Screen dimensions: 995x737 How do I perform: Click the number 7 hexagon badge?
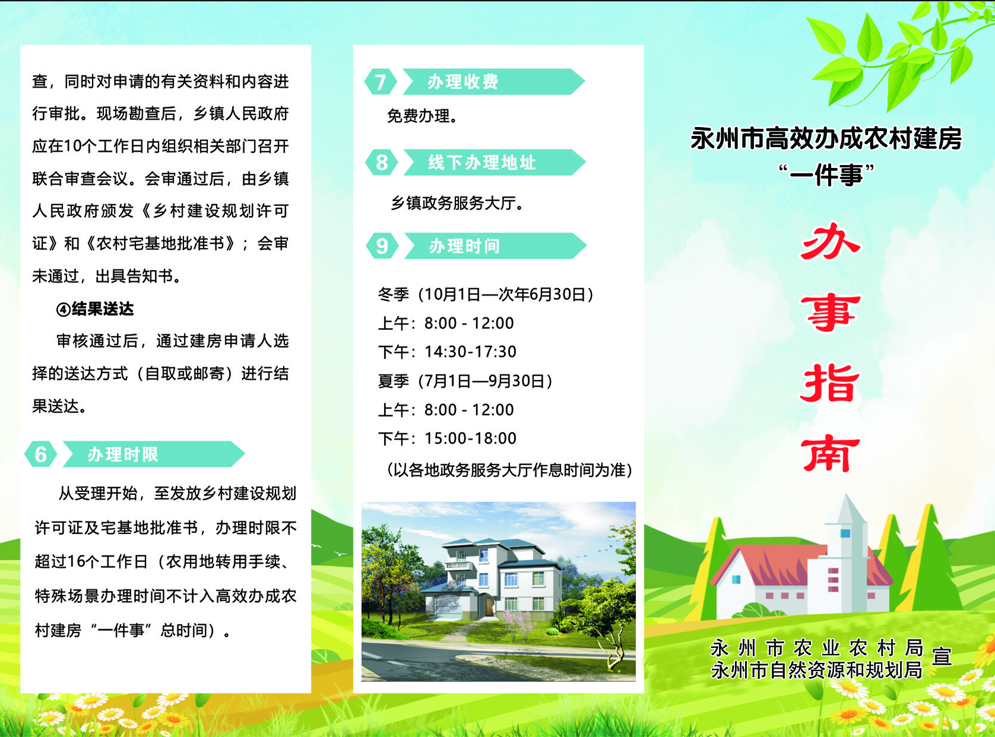pyautogui.click(x=381, y=82)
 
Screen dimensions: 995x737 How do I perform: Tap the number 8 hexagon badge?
pyautogui.click(x=382, y=163)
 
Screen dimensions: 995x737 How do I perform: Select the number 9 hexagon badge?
pyautogui.click(x=382, y=246)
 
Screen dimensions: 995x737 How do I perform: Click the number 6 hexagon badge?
pyautogui.click(x=41, y=454)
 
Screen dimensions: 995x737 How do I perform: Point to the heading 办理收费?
pyautogui.click(x=462, y=82)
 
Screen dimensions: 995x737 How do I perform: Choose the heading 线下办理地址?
pyautogui.click(x=482, y=163)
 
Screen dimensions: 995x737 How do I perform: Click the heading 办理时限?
pyautogui.click(x=122, y=455)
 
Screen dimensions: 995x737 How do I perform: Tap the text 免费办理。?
pyautogui.click(x=422, y=116)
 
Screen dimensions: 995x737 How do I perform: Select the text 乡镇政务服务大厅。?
pyautogui.click(x=457, y=203)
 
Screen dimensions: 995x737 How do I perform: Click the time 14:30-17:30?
pyautogui.click(x=471, y=352)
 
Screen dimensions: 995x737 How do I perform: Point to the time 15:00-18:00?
pyautogui.click(x=471, y=439)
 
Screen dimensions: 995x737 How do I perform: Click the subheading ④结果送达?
pyautogui.click(x=95, y=309)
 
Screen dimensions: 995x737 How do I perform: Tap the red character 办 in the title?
pyautogui.click(x=830, y=242)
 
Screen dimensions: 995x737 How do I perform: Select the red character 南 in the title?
pyautogui.click(x=831, y=453)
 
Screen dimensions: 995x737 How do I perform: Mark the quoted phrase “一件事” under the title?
pyautogui.click(x=827, y=175)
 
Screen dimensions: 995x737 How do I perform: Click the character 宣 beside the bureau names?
pyautogui.click(x=942, y=656)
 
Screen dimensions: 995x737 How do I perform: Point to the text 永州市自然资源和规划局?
pyautogui.click(x=817, y=670)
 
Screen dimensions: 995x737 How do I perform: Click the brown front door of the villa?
pyautogui.click(x=489, y=606)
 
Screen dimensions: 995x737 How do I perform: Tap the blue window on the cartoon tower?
pyautogui.click(x=845, y=533)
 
